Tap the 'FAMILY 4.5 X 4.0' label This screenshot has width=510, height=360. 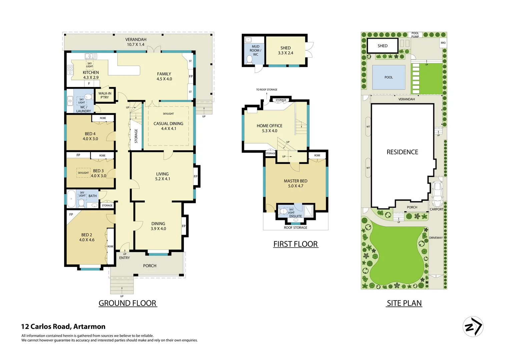click(x=164, y=76)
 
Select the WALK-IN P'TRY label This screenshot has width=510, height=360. click(x=105, y=95)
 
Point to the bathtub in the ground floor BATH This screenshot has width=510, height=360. click(x=71, y=199)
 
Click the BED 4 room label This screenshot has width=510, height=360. click(x=90, y=136)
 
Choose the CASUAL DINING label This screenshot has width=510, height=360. click(x=168, y=126)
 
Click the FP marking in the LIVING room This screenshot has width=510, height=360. click(x=195, y=176)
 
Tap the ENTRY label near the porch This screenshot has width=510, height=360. click(x=124, y=258)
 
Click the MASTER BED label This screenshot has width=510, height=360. click(x=296, y=183)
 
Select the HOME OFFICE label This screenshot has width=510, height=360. click(x=270, y=128)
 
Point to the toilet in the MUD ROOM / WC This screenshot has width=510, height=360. click(x=249, y=59)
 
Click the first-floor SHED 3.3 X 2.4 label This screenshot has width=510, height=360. click(x=286, y=50)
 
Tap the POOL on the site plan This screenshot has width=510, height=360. click(x=389, y=77)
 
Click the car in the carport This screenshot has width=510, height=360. click(x=437, y=194)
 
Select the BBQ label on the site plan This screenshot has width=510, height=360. click(x=443, y=43)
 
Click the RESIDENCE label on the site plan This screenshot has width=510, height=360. click(x=402, y=152)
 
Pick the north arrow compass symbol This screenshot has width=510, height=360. click(x=473, y=326)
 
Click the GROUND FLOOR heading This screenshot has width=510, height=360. click(x=127, y=303)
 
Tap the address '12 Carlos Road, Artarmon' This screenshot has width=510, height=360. click(x=63, y=327)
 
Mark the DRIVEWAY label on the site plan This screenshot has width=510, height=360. click(x=436, y=238)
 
